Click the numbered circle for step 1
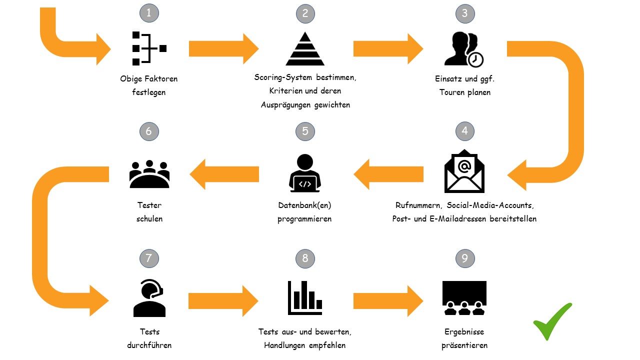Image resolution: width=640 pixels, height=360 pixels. click(149, 13)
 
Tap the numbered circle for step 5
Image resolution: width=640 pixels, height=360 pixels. click(305, 131)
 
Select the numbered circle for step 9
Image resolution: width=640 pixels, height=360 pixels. click(465, 258)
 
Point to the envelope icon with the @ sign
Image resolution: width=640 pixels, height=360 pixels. click(464, 171)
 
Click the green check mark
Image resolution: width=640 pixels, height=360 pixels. click(552, 321)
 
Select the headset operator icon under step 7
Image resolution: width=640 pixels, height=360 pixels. click(149, 298)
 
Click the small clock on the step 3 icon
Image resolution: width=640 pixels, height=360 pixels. click(476, 59)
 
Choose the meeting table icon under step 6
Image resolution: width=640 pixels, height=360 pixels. click(149, 174)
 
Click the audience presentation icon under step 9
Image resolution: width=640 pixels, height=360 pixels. click(464, 297)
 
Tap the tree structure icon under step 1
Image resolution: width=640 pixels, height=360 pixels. click(148, 48)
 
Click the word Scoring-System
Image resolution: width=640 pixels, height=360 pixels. click(283, 77)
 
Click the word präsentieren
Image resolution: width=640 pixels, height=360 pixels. click(464, 345)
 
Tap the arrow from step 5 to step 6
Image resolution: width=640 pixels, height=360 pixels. click(224, 174)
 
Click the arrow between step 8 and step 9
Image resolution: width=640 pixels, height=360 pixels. click(388, 301)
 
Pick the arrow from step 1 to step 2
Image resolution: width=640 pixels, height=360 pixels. click(223, 48)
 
